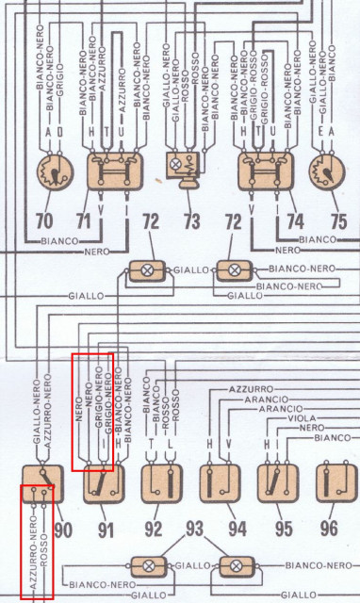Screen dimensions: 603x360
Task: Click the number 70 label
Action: point(44,223)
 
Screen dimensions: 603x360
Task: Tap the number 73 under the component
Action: point(192,223)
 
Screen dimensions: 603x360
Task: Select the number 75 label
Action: point(337,223)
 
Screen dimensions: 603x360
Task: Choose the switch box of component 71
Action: point(114,172)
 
